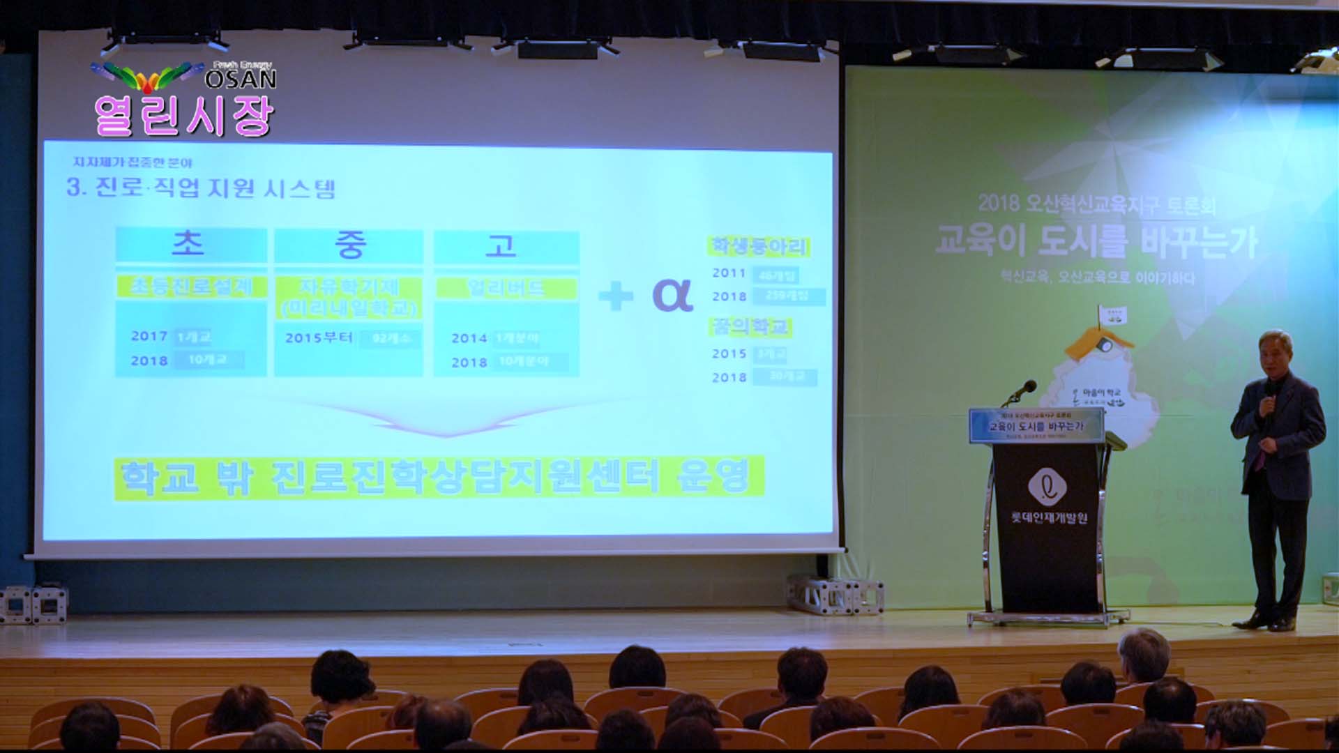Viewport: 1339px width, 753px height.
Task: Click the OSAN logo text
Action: [241, 79]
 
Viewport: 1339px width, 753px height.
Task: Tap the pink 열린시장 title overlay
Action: [183, 116]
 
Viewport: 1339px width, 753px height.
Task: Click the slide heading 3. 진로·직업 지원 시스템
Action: [201, 188]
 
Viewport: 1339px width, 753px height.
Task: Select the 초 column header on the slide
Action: [190, 244]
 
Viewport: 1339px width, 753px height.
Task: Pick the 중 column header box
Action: [349, 245]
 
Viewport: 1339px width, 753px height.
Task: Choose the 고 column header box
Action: [505, 247]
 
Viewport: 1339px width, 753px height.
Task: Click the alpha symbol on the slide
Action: [672, 295]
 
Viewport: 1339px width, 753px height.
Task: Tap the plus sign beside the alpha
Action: [615, 296]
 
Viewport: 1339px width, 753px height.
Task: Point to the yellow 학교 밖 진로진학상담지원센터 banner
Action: [439, 478]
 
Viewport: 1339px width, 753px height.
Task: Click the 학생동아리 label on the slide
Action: [759, 247]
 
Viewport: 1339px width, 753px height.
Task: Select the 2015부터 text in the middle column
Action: [319, 338]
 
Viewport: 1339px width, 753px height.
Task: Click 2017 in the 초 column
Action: [149, 336]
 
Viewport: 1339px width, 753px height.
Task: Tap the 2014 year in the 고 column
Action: [469, 338]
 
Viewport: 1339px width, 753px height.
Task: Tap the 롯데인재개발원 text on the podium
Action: [1049, 518]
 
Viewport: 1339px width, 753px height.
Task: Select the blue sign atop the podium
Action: [1036, 425]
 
